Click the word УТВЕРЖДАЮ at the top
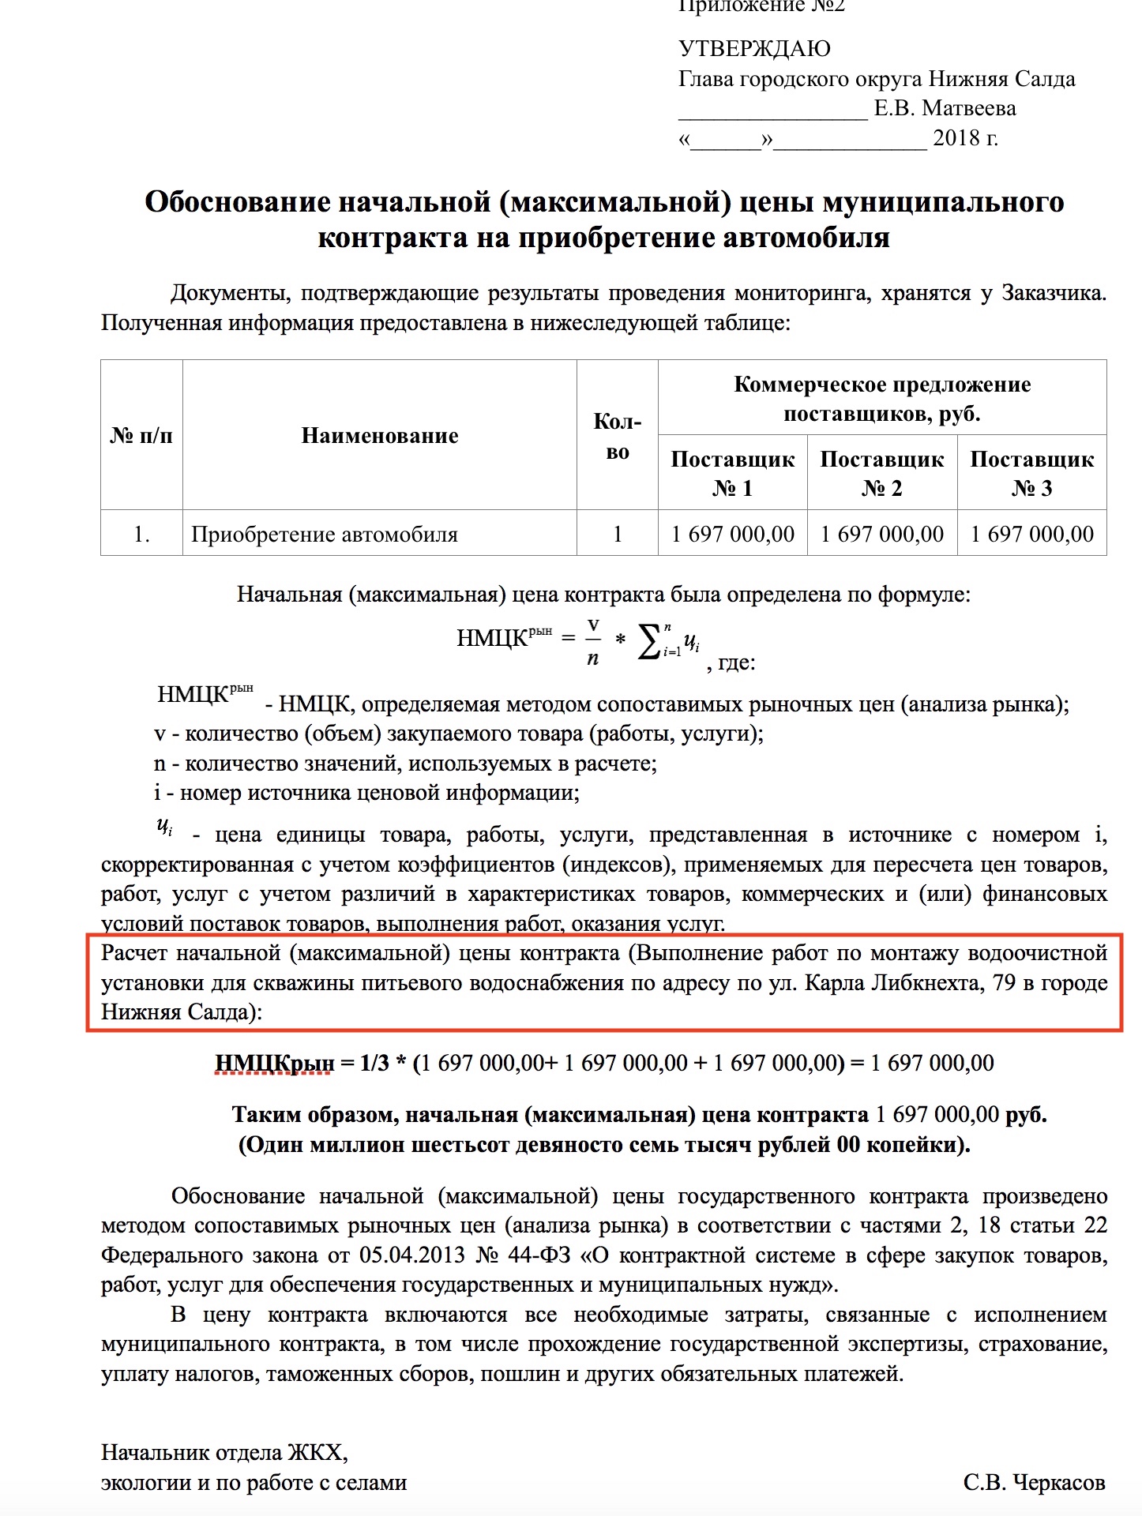pos(754,49)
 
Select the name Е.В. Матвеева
pos(945,108)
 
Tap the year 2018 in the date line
pos(955,138)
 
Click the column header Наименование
pos(379,436)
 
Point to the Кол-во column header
pos(617,436)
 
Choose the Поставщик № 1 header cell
pos(732,473)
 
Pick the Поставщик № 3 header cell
pos(1031,473)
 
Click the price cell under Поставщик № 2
pos(881,535)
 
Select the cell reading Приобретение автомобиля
pos(324,535)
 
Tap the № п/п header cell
pos(141,436)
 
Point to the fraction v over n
pos(593,641)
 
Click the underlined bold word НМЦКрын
pos(274,1064)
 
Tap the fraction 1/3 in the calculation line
pos(374,1064)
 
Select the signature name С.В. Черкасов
pos(1034,1483)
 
